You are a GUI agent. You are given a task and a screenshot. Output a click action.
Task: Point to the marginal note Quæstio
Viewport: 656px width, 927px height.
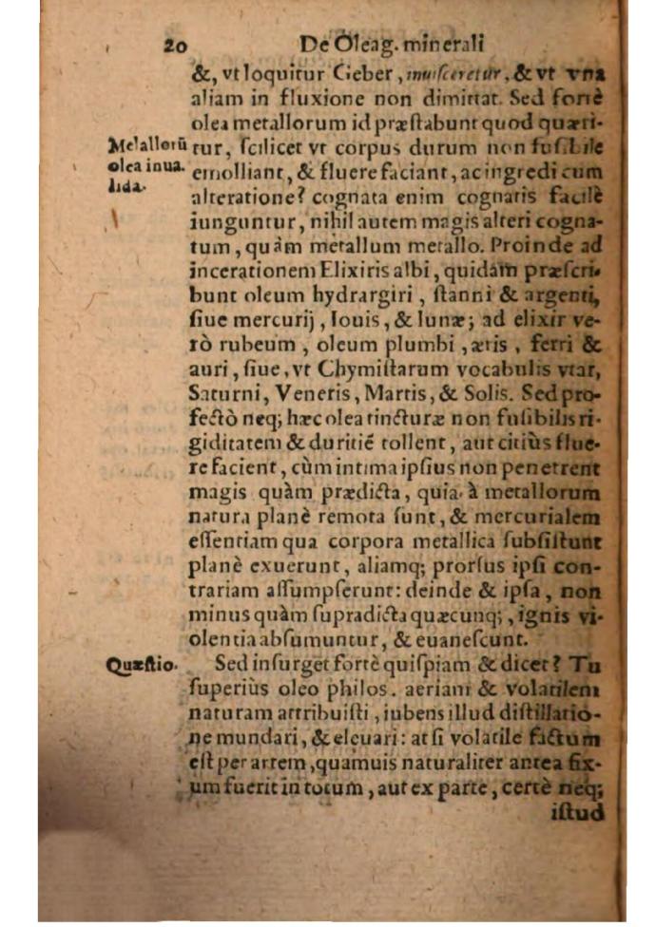pyautogui.click(x=141, y=666)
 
